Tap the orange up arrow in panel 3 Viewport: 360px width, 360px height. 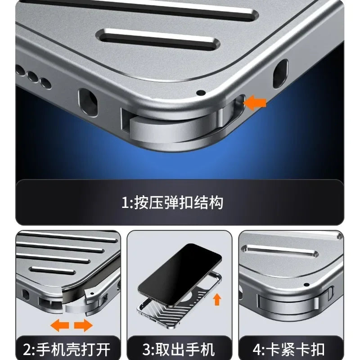click(217, 298)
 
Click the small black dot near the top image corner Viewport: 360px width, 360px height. click(201, 92)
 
